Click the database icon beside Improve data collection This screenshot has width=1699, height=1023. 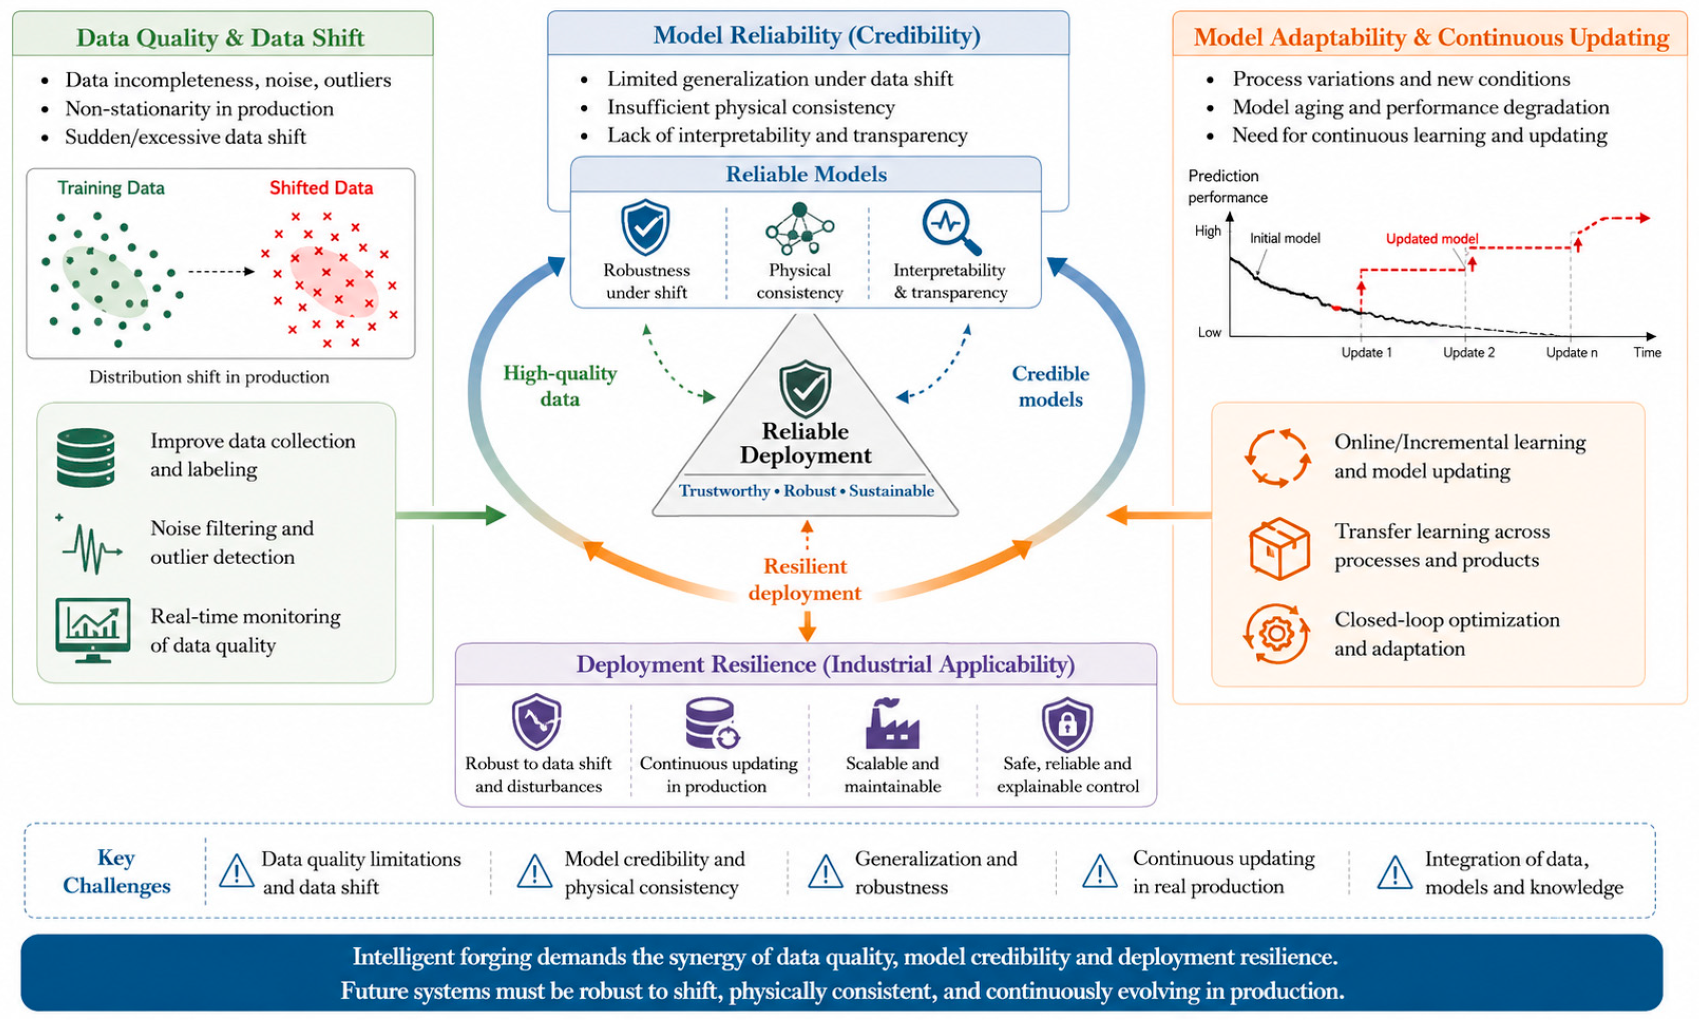(85, 457)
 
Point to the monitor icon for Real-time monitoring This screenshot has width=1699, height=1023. (93, 629)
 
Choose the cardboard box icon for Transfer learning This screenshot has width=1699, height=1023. (1278, 548)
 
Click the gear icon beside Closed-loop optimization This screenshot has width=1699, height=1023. (1276, 633)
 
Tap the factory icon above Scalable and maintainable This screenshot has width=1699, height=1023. (892, 723)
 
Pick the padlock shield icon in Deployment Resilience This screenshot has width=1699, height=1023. (1067, 723)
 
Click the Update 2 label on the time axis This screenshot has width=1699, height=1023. (1468, 352)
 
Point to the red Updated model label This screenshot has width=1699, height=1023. (1431, 239)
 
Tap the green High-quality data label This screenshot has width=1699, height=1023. (560, 386)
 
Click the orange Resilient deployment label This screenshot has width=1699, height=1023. (805, 579)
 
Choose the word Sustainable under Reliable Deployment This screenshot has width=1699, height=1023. (891, 490)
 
